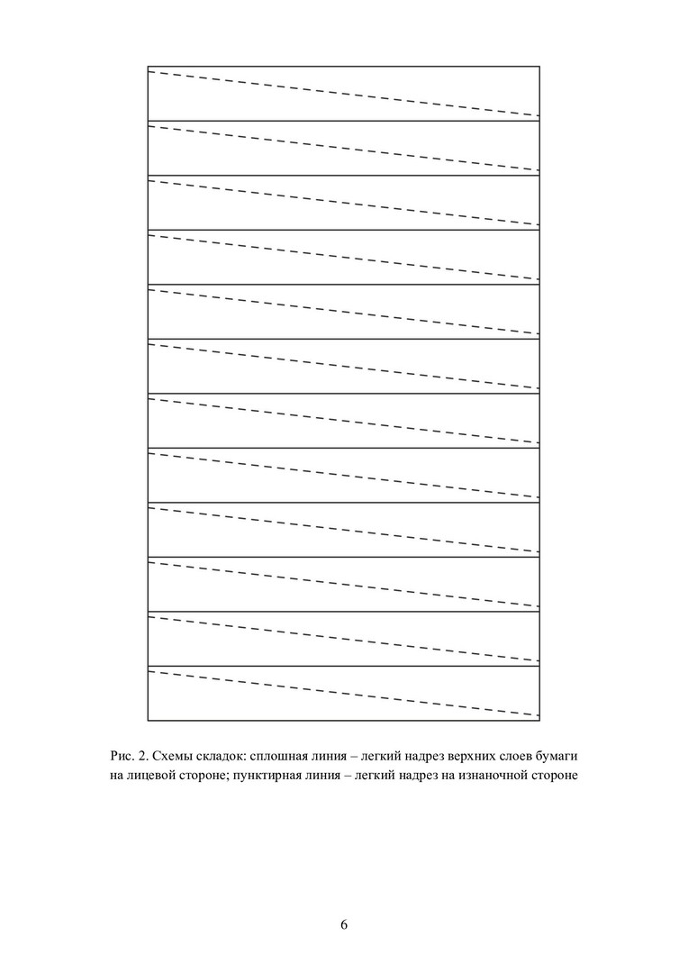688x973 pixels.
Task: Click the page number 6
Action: [x=344, y=925]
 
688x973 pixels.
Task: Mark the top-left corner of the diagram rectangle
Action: [x=148, y=66]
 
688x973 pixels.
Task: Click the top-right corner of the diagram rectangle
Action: [x=539, y=66]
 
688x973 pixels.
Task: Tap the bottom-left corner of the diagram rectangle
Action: [x=148, y=721]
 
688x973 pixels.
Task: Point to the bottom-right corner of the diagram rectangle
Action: [x=539, y=721]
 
